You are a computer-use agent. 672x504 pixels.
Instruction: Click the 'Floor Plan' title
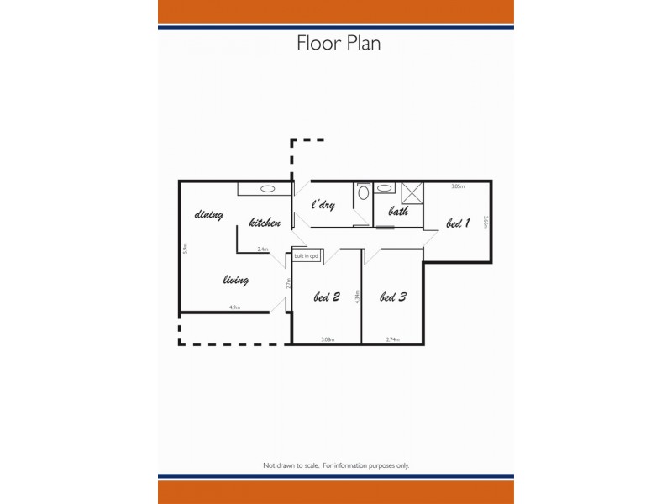[x=338, y=43]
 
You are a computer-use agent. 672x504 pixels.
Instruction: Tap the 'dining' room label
[x=208, y=215]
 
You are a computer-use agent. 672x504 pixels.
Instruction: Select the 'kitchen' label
[x=265, y=223]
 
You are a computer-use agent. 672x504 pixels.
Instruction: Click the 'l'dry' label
[x=323, y=205]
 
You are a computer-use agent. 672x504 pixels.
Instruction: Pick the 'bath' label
[x=398, y=212]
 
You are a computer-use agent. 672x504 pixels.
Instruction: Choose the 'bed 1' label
[x=457, y=223]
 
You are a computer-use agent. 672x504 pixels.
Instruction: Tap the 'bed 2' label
[x=326, y=297]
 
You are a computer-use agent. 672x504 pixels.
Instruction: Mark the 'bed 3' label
[x=393, y=297]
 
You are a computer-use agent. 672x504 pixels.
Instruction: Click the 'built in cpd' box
[x=306, y=255]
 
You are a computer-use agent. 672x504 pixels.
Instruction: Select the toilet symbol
[x=363, y=192]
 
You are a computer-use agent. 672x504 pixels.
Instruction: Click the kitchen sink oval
[x=267, y=189]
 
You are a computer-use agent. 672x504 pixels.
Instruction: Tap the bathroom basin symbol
[x=385, y=189]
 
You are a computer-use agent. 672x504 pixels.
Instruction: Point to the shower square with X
[x=412, y=192]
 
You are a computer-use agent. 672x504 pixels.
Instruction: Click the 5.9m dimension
[x=185, y=249]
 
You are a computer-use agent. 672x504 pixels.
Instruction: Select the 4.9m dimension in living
[x=234, y=307]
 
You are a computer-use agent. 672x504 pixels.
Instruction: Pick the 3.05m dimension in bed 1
[x=458, y=186]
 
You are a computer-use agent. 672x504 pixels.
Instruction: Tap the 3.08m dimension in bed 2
[x=328, y=339]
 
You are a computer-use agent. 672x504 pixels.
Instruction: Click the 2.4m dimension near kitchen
[x=262, y=249]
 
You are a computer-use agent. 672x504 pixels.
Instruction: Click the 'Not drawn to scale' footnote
[x=336, y=465]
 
